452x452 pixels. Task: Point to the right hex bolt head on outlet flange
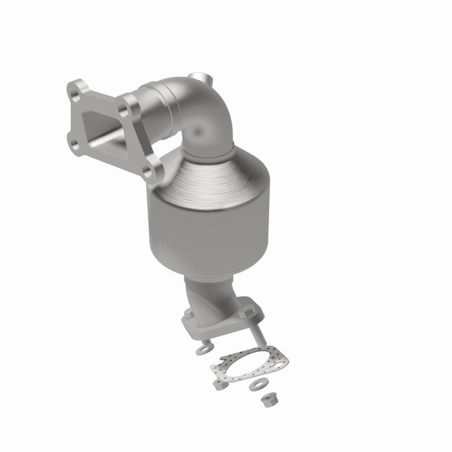[x=247, y=310]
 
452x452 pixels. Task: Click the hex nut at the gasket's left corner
[x=218, y=385]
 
